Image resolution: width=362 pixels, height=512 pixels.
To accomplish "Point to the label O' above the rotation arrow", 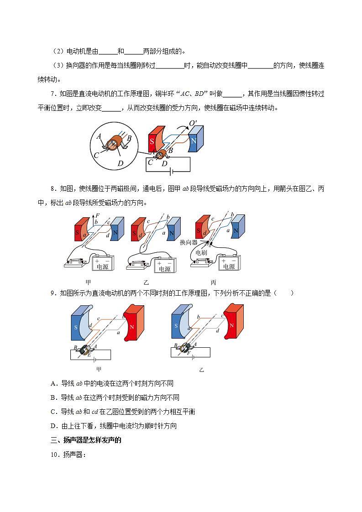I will (x=193, y=123).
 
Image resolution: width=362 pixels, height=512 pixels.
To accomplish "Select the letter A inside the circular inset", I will (x=99, y=136).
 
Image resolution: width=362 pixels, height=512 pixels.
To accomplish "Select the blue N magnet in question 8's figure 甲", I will (x=117, y=228).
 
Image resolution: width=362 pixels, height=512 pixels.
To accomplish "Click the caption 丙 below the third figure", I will (x=213, y=282).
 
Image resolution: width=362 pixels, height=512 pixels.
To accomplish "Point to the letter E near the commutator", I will (x=89, y=354).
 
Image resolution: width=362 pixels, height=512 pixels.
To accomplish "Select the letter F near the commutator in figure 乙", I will (x=188, y=353).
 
